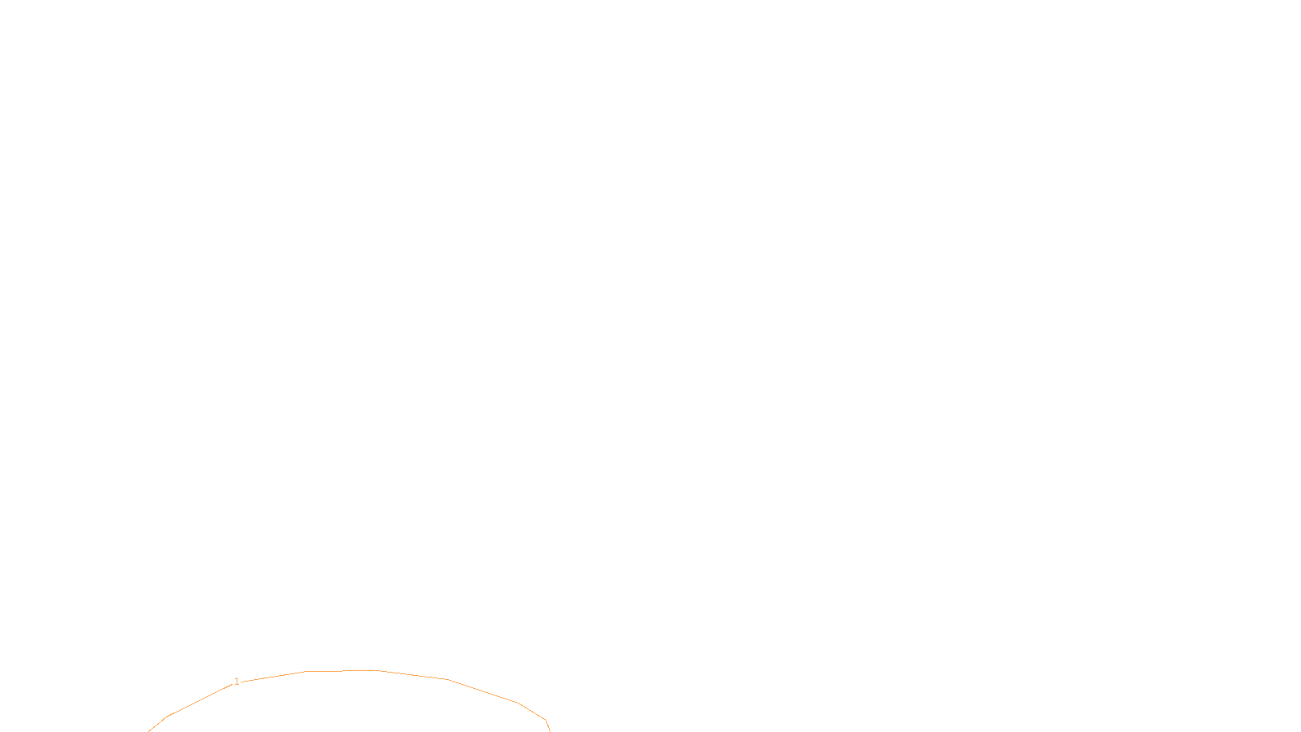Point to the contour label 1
237,682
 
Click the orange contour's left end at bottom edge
150,730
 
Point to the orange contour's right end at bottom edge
550,730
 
